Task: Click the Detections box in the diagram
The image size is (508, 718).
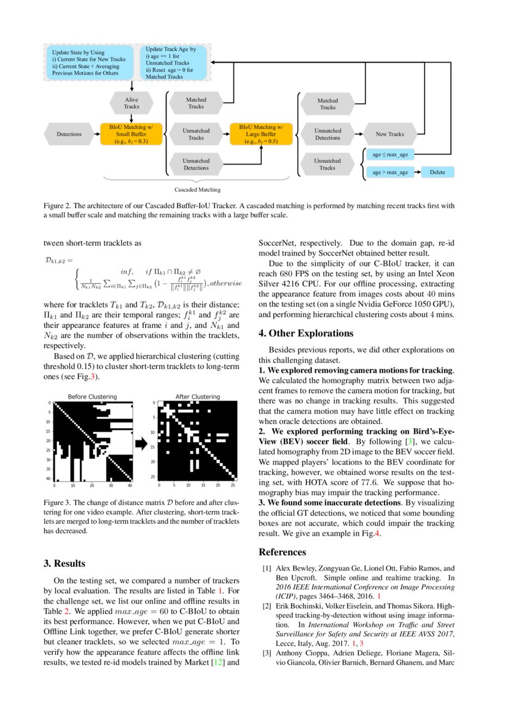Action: coord(69,134)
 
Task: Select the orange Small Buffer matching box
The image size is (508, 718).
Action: coord(131,134)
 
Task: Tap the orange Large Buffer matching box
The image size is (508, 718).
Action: coord(261,134)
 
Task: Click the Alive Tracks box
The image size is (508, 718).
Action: coord(131,103)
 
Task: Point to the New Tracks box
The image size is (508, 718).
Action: coord(389,134)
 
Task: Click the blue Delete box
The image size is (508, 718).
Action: coord(437,173)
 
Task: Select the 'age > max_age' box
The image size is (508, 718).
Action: coord(390,173)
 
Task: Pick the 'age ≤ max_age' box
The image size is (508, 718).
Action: coord(390,155)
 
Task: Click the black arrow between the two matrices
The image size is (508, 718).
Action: coord(141,442)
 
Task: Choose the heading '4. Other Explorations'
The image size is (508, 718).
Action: coord(306,334)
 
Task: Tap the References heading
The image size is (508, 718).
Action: coord(281,552)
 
